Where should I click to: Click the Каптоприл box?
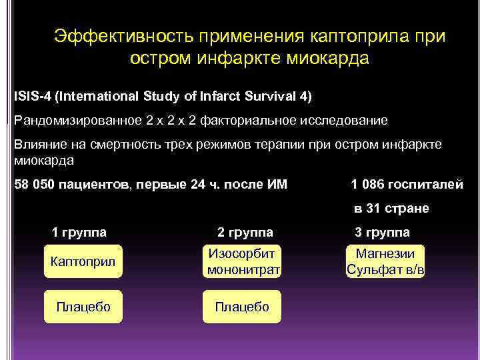coord(83,262)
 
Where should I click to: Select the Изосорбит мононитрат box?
coord(243,262)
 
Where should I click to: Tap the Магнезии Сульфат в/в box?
coord(385,262)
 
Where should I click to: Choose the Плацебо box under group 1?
coord(83,307)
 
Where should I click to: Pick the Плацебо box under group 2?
coord(241,307)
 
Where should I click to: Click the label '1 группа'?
coord(79,233)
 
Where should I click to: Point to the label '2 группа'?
coord(245,233)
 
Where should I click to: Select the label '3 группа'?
coord(382,233)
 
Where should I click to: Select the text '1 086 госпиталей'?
coord(407,185)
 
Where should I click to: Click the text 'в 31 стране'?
coord(391,209)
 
